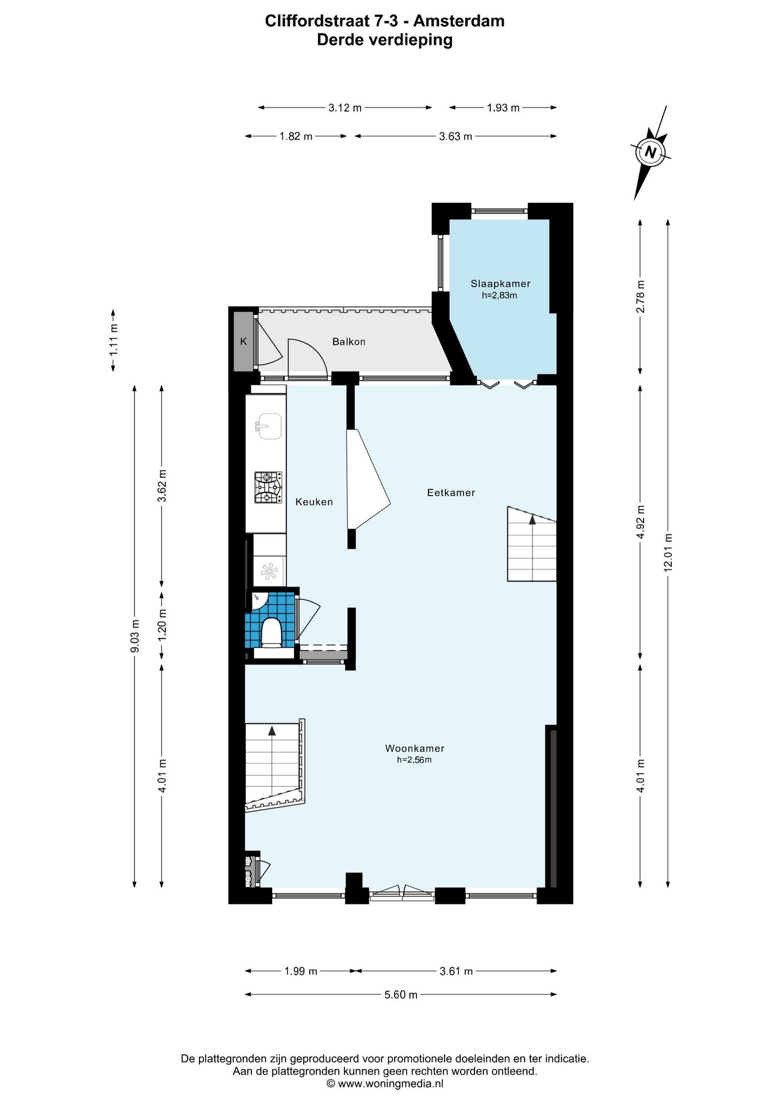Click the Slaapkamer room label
[500, 283]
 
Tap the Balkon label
[349, 342]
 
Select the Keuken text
[314, 502]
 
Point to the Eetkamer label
[451, 493]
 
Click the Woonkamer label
[415, 749]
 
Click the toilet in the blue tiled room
[271, 632]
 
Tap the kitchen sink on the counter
[269, 426]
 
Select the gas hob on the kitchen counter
[268, 487]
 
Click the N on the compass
[650, 152]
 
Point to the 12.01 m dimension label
[668, 552]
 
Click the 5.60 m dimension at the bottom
[401, 995]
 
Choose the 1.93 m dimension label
[503, 108]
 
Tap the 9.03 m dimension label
[135, 636]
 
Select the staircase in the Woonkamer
[272, 765]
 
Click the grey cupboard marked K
[243, 342]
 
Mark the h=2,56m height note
[414, 760]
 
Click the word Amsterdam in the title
[459, 21]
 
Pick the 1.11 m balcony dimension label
[113, 340]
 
